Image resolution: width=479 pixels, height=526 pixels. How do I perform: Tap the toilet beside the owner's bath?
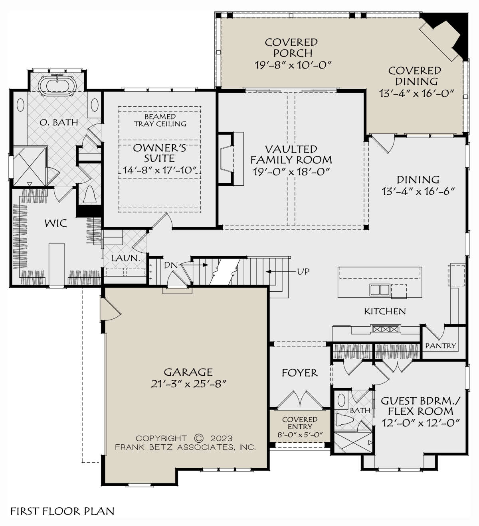[90, 195]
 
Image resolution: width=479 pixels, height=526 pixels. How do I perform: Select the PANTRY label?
[441, 345]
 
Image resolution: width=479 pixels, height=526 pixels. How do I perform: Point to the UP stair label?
[303, 272]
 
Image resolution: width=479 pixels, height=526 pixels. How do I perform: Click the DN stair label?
[171, 265]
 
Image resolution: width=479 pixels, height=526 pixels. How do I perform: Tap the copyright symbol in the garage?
[199, 438]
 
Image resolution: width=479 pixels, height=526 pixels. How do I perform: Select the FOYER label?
[299, 373]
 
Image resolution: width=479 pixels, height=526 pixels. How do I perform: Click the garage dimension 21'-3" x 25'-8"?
[188, 384]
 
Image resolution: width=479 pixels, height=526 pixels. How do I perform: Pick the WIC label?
[55, 224]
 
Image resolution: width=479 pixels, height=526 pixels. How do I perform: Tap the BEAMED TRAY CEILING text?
[160, 120]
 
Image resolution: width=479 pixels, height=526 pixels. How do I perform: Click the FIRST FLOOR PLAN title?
[62, 511]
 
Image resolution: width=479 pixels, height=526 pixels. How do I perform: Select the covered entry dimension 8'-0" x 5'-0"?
[300, 435]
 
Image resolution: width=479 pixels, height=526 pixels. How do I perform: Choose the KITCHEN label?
[385, 311]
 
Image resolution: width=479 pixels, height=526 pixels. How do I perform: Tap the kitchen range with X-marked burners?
[385, 329]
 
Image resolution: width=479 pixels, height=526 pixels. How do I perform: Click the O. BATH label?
[59, 122]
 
